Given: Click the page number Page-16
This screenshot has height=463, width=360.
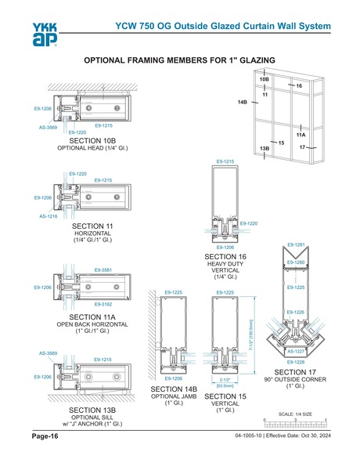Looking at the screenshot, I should coord(44,436).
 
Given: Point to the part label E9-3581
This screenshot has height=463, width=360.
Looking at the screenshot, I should coord(103,269).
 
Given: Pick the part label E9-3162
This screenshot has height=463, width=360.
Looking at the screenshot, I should coord(103,303).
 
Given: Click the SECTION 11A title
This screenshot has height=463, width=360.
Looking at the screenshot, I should coord(92,316).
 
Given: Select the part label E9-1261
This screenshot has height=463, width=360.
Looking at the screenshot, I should coord(295,245).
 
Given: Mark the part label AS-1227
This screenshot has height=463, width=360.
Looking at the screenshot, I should coord(296,352).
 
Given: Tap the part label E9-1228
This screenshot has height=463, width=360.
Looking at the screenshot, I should coord(295,361).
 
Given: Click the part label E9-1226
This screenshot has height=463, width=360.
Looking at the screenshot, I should coord(295,312).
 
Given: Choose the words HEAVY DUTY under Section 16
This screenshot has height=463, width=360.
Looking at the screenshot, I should coord(225,264).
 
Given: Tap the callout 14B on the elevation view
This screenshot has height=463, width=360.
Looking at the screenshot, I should coord(243,103).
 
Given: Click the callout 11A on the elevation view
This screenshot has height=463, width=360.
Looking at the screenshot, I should coord(301,135).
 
